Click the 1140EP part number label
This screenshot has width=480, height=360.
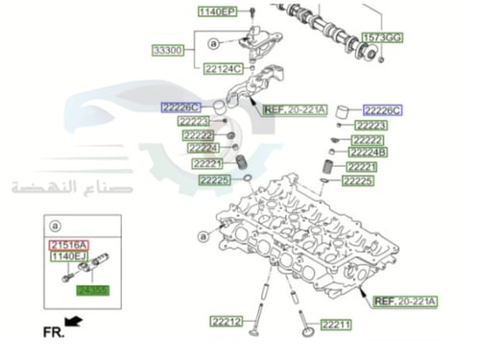click(x=216, y=12)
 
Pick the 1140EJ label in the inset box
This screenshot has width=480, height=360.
click(x=69, y=257)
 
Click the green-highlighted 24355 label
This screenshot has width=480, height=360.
click(x=93, y=288)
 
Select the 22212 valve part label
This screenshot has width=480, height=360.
click(x=229, y=320)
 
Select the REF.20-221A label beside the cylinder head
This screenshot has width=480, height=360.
click(x=404, y=300)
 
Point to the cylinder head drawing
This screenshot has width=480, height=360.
click(x=288, y=235)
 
